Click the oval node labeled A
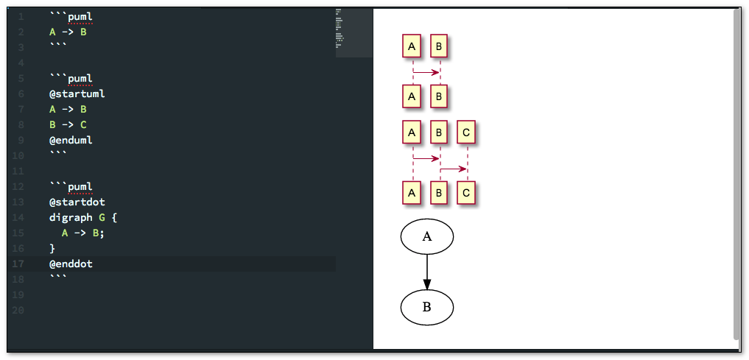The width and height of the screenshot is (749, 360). (x=426, y=236)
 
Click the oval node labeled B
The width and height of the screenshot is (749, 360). (x=426, y=307)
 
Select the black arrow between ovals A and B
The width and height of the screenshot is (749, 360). (x=426, y=272)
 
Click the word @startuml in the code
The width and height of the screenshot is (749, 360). (x=77, y=93)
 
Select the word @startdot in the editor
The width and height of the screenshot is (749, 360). (x=77, y=202)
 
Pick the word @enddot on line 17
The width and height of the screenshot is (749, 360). (x=71, y=264)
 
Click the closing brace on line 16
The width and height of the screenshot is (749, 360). (x=52, y=248)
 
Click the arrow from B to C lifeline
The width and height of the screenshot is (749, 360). (x=454, y=169)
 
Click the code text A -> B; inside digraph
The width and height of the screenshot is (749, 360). (x=83, y=233)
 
